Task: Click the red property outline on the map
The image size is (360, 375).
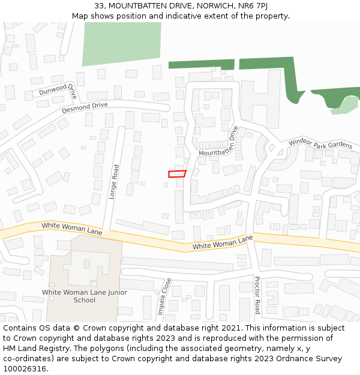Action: [x=177, y=174]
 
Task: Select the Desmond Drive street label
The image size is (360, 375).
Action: [x=85, y=108]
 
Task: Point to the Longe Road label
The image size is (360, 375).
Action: [x=113, y=182]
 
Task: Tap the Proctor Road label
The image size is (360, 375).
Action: [x=257, y=295]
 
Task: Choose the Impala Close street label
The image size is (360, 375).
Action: [x=164, y=296]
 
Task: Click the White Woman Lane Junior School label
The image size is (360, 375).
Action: [x=84, y=296]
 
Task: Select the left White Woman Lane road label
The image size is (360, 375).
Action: [x=72, y=229]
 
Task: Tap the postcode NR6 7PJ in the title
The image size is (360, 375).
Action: [x=254, y=6]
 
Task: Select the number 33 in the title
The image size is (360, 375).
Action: [x=100, y=6]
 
